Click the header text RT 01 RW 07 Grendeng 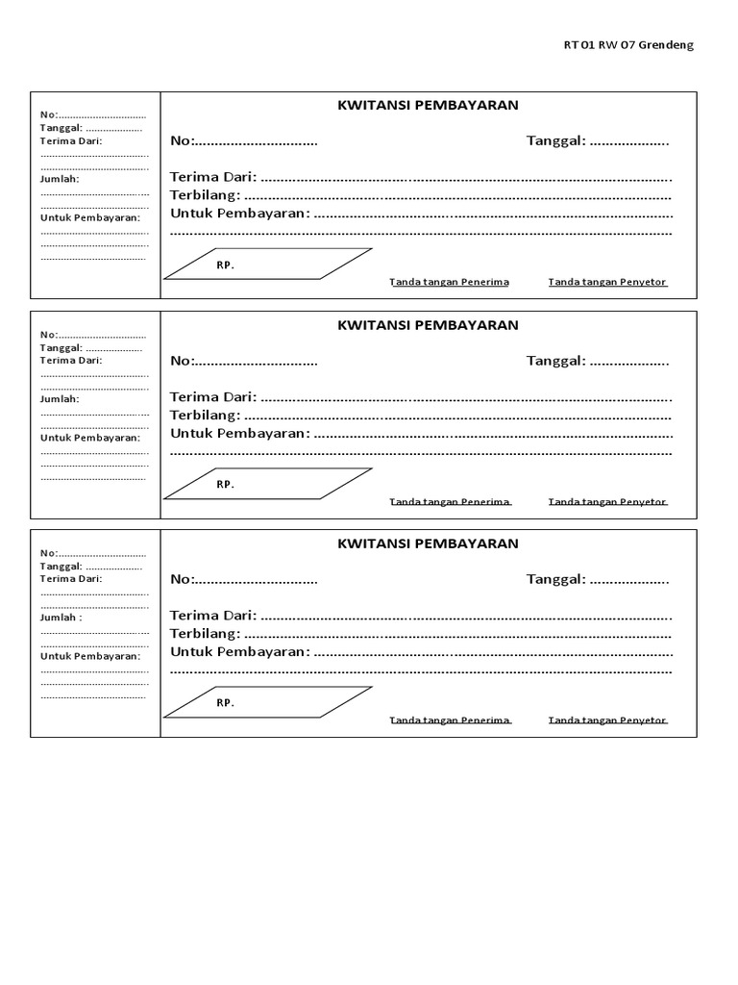(x=627, y=45)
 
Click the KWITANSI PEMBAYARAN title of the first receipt (x=428, y=106)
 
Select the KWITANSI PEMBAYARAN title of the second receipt (x=428, y=325)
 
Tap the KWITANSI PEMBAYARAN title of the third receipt (x=428, y=543)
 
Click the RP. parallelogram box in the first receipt (x=267, y=264)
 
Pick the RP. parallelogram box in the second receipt (x=267, y=484)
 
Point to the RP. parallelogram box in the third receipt (x=267, y=702)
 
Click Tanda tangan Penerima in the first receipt (x=449, y=282)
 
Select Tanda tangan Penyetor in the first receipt (x=607, y=282)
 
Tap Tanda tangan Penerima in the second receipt (x=449, y=501)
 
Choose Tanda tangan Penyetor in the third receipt (x=607, y=720)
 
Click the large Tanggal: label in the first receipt (x=555, y=141)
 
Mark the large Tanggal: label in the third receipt (x=555, y=579)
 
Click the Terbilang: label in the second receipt (x=205, y=415)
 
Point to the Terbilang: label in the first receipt (x=205, y=195)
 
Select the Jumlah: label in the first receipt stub (x=60, y=179)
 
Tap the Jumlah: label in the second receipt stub (x=60, y=398)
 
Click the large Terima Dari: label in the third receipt (x=213, y=615)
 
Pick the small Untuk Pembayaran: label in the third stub (x=89, y=655)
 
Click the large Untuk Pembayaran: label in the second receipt (x=240, y=433)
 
